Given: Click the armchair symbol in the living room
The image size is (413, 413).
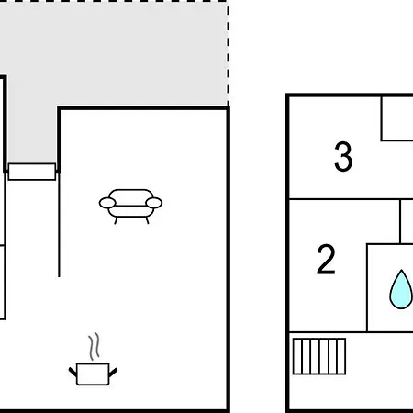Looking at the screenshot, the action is pos(130,206).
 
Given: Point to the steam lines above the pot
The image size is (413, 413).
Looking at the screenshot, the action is pos(95,346).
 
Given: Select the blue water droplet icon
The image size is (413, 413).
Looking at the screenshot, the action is pos(401,289).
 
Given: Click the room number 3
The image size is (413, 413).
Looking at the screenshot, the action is pos(343,156).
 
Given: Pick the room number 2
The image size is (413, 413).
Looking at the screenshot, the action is pos(326,259).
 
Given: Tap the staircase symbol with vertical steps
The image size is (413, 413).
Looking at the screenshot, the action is pos(319,356).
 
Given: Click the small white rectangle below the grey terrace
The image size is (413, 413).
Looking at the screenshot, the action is pos(32,172).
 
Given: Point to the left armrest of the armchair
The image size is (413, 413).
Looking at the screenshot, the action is pos(107,203).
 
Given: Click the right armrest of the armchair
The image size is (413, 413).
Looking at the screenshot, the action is pos(154,203).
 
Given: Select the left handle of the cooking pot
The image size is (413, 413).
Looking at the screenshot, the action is pos(73,373).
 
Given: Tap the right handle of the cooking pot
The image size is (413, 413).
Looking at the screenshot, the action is pos(113,373).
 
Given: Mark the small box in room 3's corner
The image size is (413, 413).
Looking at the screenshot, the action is pos(397,118).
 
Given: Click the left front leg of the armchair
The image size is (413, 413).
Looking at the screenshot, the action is pos(116,220).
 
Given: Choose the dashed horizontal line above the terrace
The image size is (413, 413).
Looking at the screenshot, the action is pos(114,1).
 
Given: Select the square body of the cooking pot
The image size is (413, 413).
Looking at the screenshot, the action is pos(93,374).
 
